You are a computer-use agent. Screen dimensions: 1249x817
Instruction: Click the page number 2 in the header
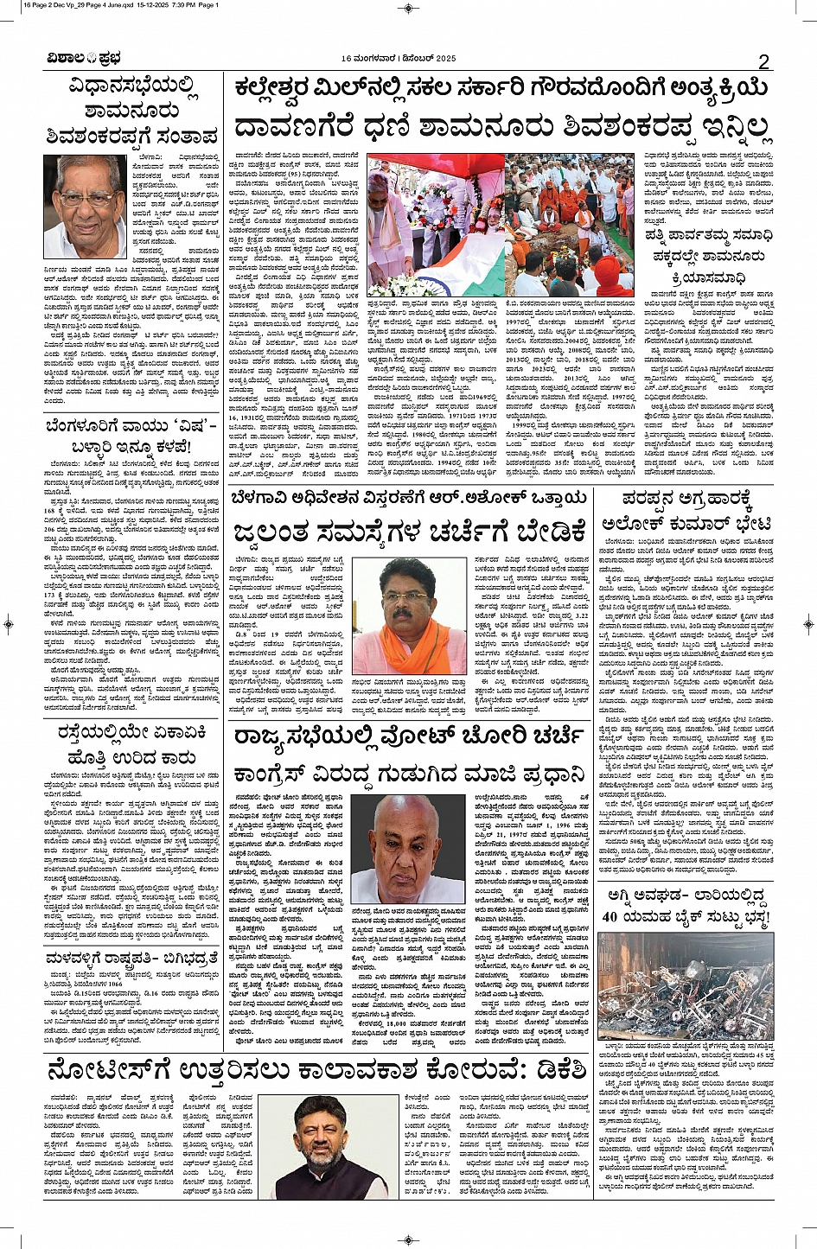pos(763,61)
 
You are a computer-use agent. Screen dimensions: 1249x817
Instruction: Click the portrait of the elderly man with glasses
pos(85,207)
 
